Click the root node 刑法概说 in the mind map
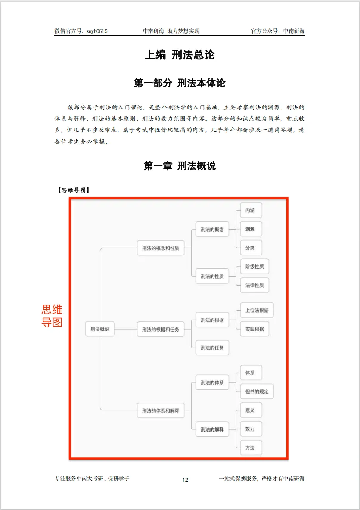[x=99, y=329]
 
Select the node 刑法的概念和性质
[x=160, y=248]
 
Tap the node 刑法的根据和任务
[x=160, y=329]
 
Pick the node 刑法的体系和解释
[x=160, y=410]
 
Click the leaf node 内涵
[x=250, y=210]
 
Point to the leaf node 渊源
[x=250, y=229]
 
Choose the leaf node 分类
[x=250, y=248]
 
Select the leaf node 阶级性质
[x=254, y=267]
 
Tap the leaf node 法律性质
[x=254, y=285]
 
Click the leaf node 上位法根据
[x=257, y=310]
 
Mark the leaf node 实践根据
[x=254, y=329]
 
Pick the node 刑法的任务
[x=212, y=348]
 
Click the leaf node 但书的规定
[x=257, y=392]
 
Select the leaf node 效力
[x=250, y=429]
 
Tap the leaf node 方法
[x=250, y=448]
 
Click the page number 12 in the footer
[x=185, y=480]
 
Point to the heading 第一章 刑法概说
[x=180, y=165]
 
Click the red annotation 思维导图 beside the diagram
[x=52, y=316]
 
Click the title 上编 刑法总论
[x=180, y=55]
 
